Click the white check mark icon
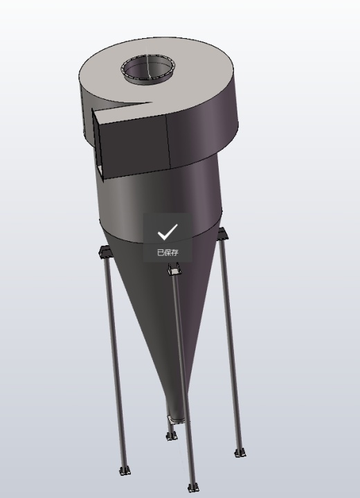coord(168,231)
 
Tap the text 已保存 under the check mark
coord(168,252)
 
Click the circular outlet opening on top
coord(148,69)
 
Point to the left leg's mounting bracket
coord(105,251)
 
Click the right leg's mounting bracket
coord(222,233)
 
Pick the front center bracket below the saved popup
coord(174,269)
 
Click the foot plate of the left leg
coord(125,471)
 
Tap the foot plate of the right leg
coord(240,453)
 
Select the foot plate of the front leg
coord(193,488)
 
